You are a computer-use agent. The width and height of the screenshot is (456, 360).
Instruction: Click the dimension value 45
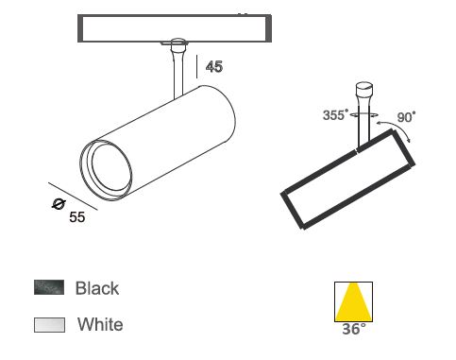tap(214, 67)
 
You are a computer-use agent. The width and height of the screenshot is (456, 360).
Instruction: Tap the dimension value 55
tap(77, 217)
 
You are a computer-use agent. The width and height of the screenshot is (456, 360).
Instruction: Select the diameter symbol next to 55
tap(59, 204)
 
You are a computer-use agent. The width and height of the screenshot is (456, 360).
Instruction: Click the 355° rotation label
tap(336, 115)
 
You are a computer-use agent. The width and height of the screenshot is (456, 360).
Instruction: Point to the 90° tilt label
tap(406, 117)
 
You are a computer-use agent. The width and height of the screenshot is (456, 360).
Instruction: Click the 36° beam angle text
tap(354, 329)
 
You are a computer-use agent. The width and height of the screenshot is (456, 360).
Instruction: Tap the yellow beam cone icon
tap(353, 301)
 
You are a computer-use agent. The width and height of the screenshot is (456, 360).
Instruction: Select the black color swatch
tap(49, 287)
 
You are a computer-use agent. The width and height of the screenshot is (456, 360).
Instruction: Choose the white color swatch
tap(49, 325)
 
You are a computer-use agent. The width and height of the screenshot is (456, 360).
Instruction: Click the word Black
tap(97, 288)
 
